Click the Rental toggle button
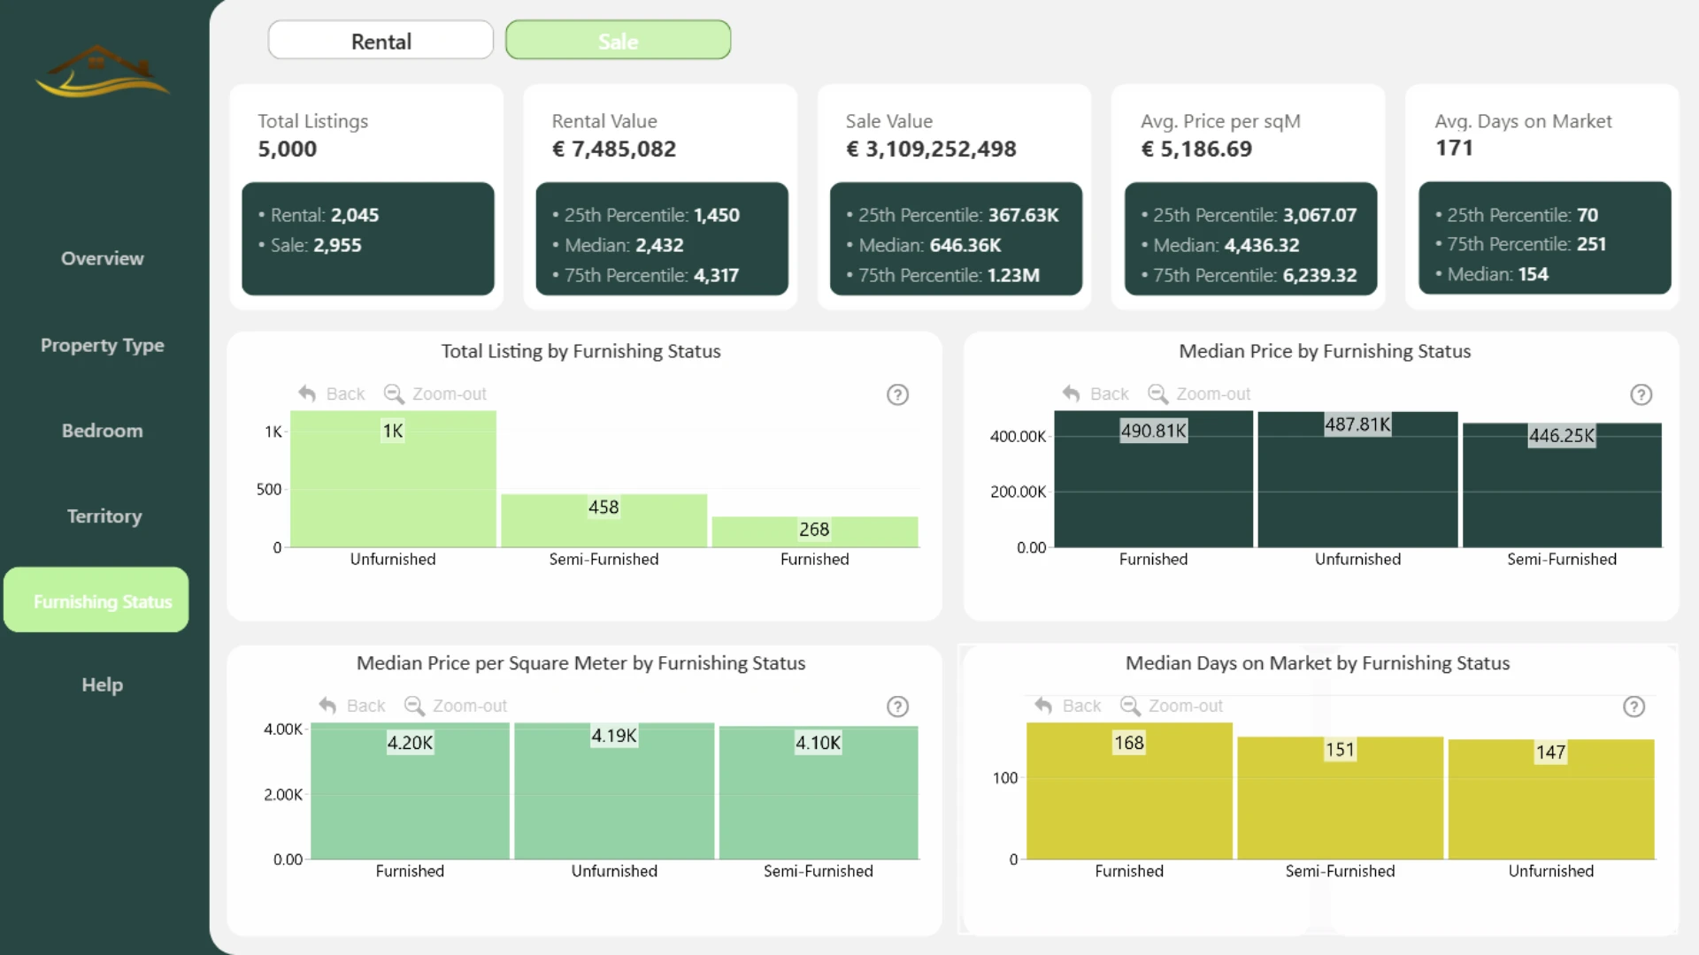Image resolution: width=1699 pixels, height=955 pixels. (x=381, y=41)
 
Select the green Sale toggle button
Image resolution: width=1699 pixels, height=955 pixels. (x=618, y=41)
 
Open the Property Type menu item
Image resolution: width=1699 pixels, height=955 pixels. (x=103, y=346)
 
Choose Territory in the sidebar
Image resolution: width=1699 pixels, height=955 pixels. (x=104, y=516)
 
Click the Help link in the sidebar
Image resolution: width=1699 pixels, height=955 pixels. (x=103, y=685)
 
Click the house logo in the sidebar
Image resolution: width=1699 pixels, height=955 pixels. (x=103, y=71)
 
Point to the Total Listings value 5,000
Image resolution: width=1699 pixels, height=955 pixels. (x=287, y=149)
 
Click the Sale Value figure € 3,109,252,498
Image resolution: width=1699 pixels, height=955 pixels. (x=931, y=149)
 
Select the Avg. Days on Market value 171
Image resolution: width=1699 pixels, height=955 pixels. (x=1454, y=148)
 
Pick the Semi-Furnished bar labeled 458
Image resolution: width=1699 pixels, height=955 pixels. (x=604, y=521)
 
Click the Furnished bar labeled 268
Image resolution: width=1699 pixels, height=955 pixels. (x=815, y=532)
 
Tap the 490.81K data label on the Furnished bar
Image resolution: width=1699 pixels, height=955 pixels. (x=1153, y=431)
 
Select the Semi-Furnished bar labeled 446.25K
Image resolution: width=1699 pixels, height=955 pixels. (x=1562, y=485)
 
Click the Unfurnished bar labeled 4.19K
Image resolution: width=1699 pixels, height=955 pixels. (x=614, y=791)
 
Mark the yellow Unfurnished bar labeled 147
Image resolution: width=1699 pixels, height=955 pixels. (x=1551, y=799)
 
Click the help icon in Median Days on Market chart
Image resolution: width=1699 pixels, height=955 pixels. (x=1634, y=707)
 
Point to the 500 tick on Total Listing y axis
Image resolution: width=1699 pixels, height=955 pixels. (x=269, y=490)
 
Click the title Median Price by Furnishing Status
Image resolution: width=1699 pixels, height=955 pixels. (x=1325, y=352)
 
